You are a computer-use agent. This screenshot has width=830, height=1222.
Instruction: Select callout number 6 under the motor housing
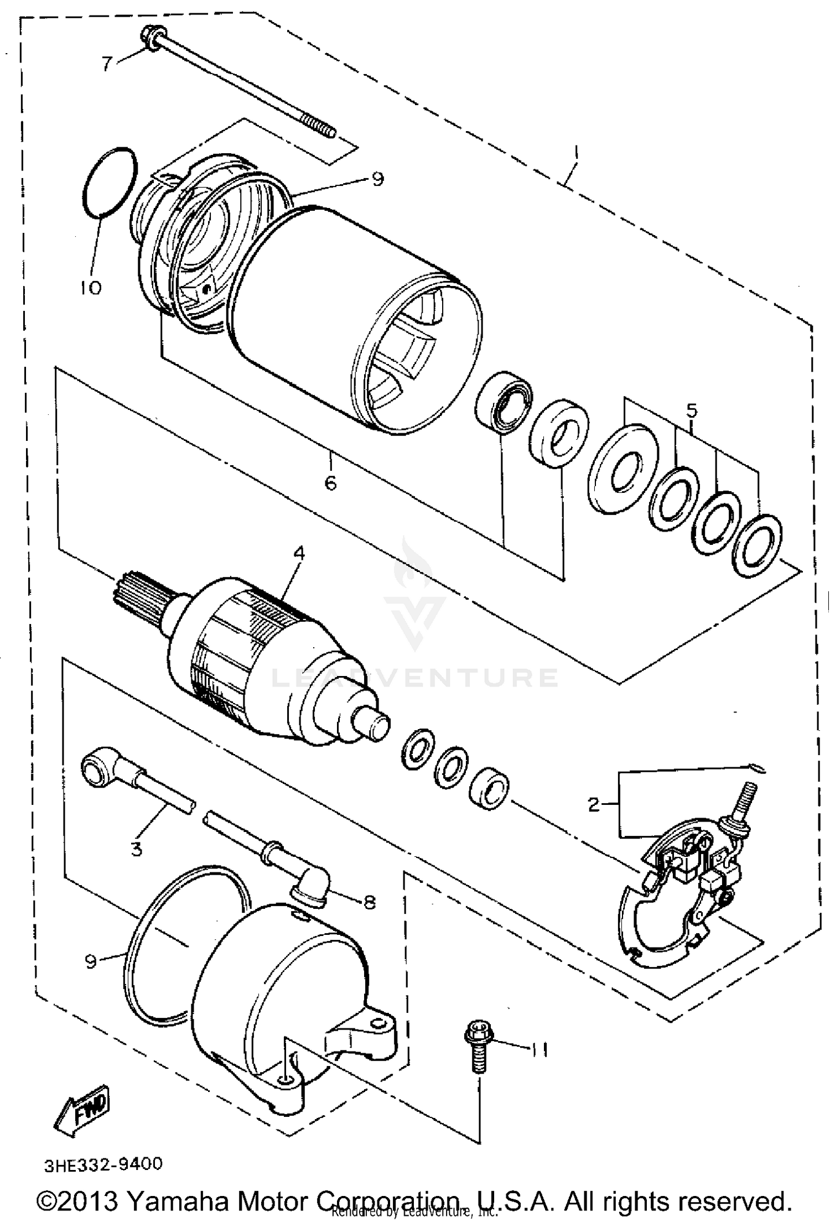pos(330,483)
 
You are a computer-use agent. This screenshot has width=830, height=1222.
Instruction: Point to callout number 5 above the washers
pos(692,410)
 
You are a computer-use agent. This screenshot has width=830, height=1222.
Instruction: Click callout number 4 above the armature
pos(299,553)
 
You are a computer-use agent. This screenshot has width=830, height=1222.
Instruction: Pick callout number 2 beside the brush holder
pos(594,804)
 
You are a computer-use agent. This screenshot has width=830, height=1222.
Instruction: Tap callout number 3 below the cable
pos(136,848)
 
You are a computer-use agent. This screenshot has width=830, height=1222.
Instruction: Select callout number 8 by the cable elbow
pos(369,903)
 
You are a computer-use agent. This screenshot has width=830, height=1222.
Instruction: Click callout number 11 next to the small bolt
pos(540,1049)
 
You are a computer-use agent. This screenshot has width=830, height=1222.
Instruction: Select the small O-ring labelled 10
pos(109,181)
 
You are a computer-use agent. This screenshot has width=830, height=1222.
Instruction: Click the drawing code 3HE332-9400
pos(103,1164)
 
